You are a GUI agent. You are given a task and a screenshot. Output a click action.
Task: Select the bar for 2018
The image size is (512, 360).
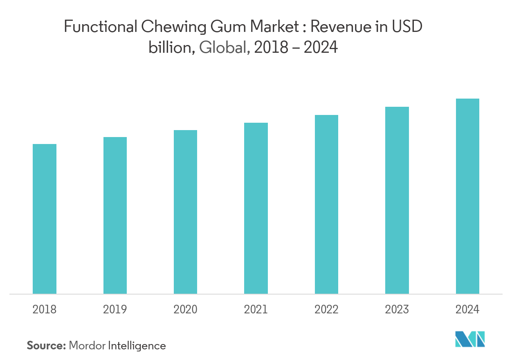[x=45, y=219]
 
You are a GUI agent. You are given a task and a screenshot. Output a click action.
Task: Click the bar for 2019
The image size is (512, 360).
[x=115, y=216]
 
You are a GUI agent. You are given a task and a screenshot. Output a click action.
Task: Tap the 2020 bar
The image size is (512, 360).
[x=185, y=212]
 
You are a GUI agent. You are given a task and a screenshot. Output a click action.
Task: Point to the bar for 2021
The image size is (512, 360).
[x=256, y=208]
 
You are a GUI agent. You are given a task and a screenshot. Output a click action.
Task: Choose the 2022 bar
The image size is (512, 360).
[x=326, y=205]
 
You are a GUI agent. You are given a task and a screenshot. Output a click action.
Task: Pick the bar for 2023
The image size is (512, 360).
[x=397, y=200]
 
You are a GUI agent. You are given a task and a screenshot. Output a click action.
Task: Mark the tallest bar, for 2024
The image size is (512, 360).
[x=467, y=196]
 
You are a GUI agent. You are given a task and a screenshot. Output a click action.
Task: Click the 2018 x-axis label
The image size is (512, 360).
[x=45, y=309]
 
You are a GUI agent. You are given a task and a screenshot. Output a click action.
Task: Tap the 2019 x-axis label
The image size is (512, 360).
[x=115, y=309]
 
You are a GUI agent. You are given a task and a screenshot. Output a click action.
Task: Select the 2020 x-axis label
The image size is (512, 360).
[x=185, y=309]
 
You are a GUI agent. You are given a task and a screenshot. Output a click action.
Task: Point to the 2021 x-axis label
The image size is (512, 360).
[x=256, y=309]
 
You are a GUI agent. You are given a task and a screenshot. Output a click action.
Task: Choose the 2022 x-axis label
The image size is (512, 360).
[x=326, y=309]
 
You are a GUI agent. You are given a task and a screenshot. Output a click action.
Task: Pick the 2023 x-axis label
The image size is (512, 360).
[x=397, y=309]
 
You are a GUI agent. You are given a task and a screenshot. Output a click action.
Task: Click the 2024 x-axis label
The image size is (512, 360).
[x=467, y=309]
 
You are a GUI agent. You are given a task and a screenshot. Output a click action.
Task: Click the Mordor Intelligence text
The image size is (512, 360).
[x=117, y=346]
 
